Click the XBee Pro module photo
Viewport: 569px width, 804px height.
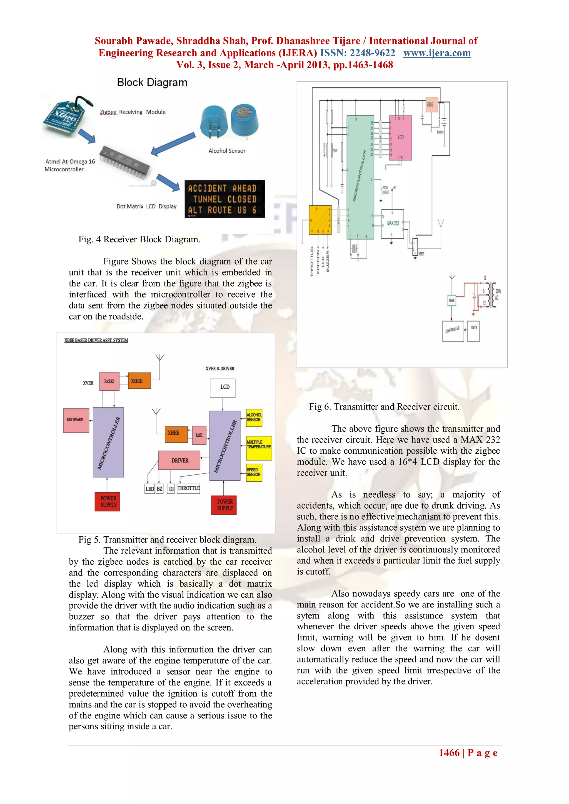[65, 117]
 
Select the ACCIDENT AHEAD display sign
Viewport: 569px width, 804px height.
[224, 199]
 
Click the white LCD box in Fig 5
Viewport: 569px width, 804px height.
[223, 388]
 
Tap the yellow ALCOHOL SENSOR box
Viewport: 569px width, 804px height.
[254, 417]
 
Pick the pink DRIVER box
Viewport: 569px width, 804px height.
[179, 460]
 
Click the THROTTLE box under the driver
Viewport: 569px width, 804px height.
[188, 488]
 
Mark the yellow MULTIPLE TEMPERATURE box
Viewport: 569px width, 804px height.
[259, 448]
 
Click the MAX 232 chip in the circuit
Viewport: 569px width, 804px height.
[392, 223]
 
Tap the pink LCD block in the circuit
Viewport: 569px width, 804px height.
[400, 138]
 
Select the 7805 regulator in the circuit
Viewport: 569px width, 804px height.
[431, 104]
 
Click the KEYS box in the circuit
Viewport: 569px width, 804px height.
[473, 331]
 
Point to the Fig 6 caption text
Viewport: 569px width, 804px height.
[384, 406]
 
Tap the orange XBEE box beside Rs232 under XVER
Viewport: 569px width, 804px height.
[139, 381]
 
